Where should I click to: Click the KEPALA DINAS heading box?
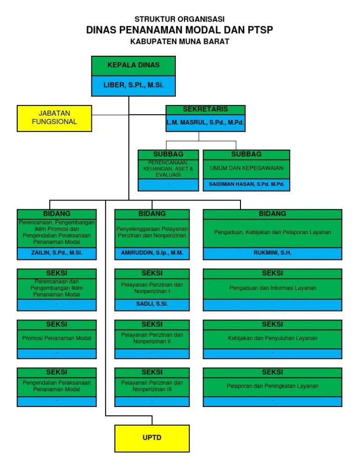point(133,66)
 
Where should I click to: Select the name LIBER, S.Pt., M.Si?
point(133,86)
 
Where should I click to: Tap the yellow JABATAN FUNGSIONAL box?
point(54,118)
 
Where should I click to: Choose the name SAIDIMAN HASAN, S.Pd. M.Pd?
point(247,185)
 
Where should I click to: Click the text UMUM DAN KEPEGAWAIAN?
point(247,168)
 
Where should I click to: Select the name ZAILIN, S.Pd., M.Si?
point(57,253)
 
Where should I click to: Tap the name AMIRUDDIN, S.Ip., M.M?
point(152,253)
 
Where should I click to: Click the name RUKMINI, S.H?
point(272,253)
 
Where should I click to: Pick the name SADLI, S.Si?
point(152,304)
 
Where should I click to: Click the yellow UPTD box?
point(152,438)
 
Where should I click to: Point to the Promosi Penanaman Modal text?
point(57,338)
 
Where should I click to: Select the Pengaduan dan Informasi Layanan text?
point(272,288)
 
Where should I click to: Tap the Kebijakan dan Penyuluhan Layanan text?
point(272,338)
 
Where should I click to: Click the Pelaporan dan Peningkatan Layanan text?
point(272,386)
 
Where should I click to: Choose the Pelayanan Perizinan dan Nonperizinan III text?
point(152,386)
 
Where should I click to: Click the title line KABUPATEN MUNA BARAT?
point(180,41)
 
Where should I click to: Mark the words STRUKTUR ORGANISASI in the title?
point(180,19)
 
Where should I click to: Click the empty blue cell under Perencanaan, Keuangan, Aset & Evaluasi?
point(168,185)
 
